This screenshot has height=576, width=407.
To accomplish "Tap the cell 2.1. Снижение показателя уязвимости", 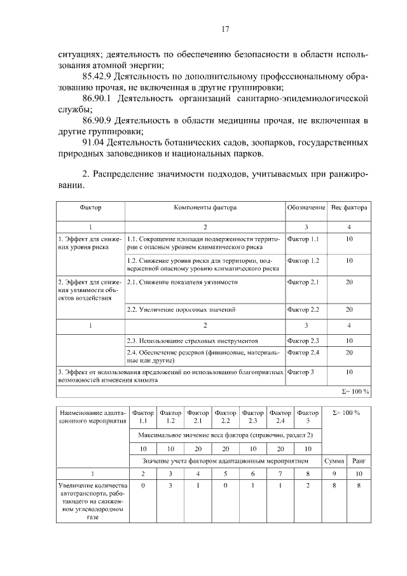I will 183,281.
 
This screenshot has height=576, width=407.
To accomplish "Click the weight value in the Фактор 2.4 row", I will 348,352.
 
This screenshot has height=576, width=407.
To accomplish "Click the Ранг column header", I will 359,459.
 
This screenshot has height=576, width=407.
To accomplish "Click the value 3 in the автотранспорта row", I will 170,486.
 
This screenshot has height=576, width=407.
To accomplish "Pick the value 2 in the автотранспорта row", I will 308,486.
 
